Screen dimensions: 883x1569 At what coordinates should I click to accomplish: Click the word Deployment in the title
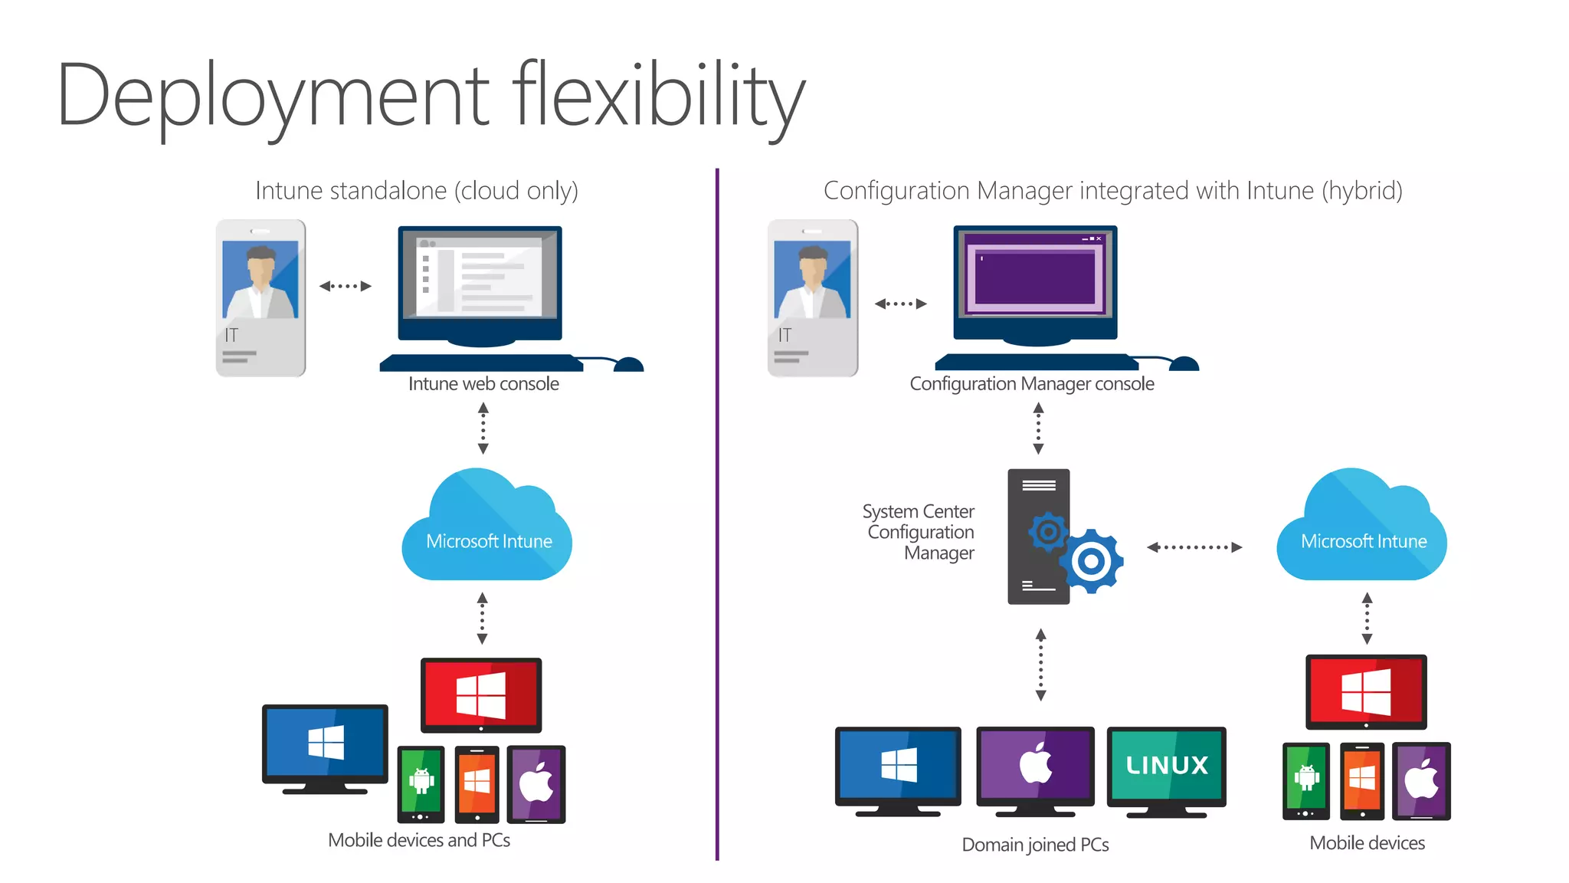[273, 96]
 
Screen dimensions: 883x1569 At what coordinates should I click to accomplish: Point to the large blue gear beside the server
[1092, 561]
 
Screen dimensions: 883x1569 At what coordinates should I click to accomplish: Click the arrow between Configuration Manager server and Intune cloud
[1194, 547]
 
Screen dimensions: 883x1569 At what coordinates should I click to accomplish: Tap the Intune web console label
[483, 384]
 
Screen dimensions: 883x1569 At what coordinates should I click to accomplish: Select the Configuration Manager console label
[1031, 384]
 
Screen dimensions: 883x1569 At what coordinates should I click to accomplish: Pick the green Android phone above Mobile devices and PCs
[421, 783]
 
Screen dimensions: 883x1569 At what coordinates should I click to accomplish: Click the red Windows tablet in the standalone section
[481, 694]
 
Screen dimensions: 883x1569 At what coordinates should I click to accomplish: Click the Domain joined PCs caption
[1035, 845]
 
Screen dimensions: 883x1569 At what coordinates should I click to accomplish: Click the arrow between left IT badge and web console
[346, 286]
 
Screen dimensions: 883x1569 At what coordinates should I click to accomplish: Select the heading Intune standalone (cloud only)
[417, 191]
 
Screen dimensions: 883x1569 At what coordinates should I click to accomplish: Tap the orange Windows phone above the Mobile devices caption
[1361, 780]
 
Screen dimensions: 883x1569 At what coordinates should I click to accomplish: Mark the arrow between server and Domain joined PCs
[1040, 665]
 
